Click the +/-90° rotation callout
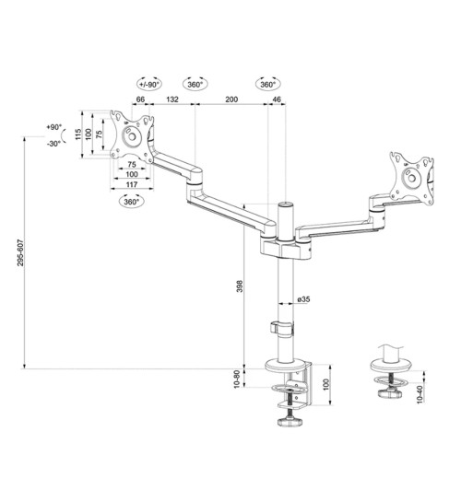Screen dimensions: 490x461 148,84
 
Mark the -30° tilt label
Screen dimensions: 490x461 53,143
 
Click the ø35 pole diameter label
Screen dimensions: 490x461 304,300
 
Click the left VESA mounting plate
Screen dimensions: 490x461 128,136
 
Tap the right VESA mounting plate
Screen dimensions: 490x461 412,175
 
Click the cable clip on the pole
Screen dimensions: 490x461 280,326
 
